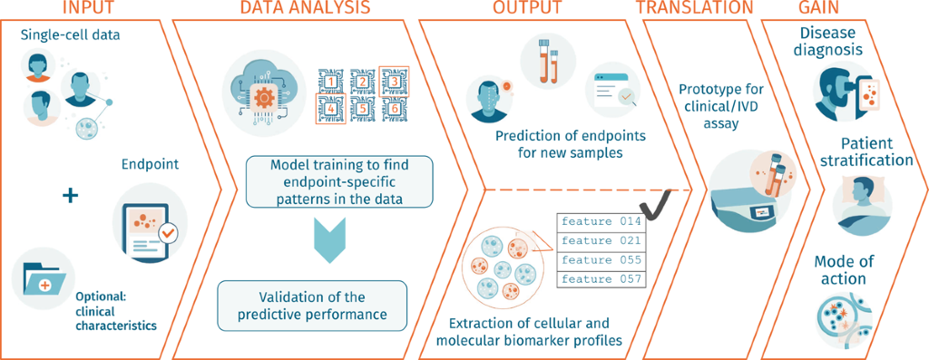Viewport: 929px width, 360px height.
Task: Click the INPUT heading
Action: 87,8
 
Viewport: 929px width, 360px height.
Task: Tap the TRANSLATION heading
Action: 694,8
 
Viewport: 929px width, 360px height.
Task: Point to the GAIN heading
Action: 823,8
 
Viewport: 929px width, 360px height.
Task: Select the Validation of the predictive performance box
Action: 313,306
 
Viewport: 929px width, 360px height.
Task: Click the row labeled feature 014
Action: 601,221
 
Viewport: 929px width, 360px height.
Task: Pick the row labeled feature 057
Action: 601,278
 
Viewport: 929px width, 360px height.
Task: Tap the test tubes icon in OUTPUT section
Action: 548,58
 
